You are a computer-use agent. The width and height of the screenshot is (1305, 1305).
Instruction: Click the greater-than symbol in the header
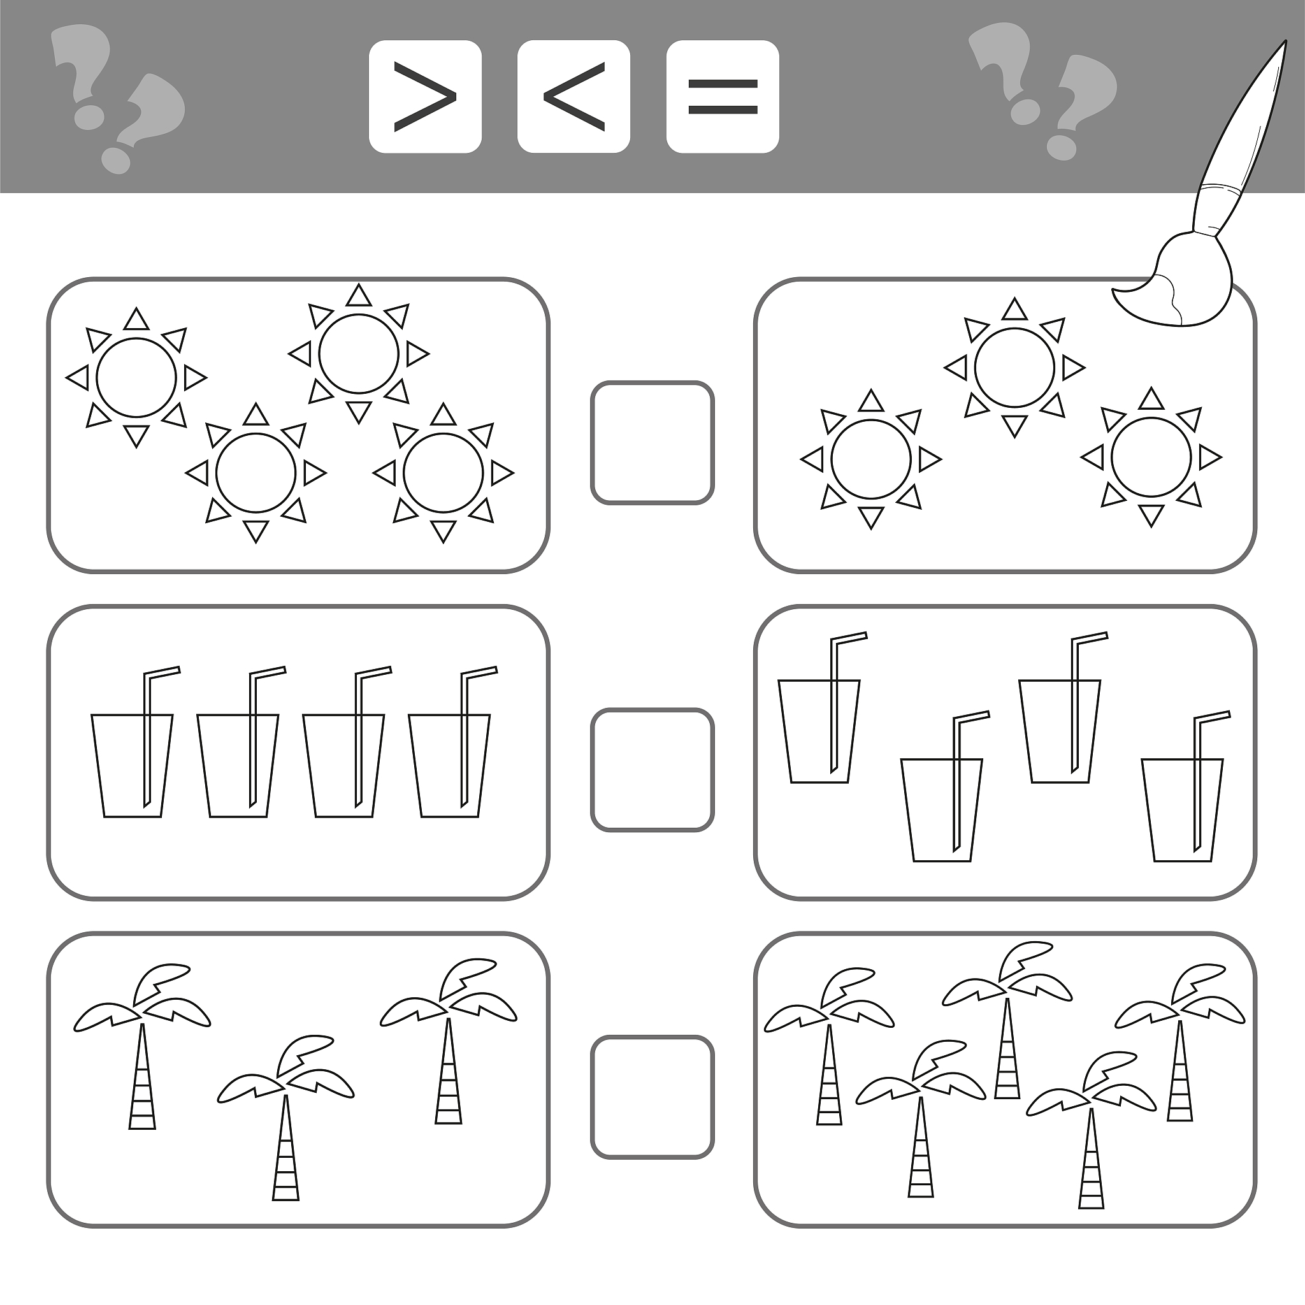(425, 97)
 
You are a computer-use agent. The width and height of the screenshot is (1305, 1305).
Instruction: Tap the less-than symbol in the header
(573, 97)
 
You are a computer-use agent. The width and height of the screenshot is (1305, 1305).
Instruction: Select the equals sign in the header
(722, 97)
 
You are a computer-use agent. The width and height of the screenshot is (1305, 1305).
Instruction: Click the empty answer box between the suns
(652, 443)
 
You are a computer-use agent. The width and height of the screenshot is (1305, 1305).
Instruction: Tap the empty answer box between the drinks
(652, 770)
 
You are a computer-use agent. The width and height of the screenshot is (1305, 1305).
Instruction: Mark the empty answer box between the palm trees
(652, 1098)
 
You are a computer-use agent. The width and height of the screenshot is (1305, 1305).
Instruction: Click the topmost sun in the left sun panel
(359, 353)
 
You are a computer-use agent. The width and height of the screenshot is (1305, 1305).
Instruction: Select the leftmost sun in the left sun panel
(136, 378)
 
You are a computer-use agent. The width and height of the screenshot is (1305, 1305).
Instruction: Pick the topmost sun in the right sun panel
(1014, 368)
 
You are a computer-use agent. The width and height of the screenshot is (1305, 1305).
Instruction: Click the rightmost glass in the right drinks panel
(1182, 810)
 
